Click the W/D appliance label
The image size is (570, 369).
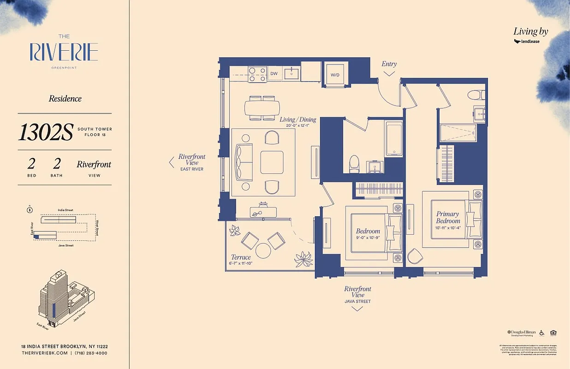(335, 74)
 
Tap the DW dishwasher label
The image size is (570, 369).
(274, 73)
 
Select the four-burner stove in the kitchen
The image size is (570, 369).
(258, 74)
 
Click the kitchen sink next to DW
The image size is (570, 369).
(292, 73)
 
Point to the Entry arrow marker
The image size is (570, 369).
(389, 73)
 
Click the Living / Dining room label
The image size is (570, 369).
(298, 119)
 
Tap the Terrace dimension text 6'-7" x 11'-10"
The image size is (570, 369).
(241, 263)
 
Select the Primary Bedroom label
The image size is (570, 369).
(448, 217)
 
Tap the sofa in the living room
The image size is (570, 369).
(244, 162)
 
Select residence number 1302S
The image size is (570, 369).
(46, 132)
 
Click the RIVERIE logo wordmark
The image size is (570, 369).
(64, 52)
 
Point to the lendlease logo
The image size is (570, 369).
(527, 42)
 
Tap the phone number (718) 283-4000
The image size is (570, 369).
(91, 353)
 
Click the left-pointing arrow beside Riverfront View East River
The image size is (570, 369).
(172, 162)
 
